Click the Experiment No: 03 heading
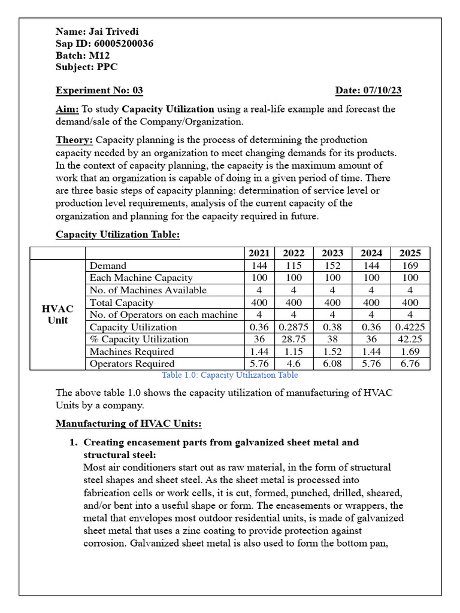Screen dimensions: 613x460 [x=99, y=90]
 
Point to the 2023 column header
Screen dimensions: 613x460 [x=332, y=253]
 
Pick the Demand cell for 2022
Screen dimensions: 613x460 [x=293, y=265]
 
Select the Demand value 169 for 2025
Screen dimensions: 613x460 [x=410, y=265]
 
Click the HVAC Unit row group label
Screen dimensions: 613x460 [x=57, y=314]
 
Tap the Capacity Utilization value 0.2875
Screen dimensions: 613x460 [x=293, y=327]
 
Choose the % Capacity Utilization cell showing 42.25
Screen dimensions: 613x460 [x=410, y=339]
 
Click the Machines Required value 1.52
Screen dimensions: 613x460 [x=332, y=351]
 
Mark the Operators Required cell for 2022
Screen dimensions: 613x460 [x=293, y=363]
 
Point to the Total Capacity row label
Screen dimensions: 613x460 [x=122, y=302]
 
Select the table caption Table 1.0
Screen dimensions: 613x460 [x=229, y=375]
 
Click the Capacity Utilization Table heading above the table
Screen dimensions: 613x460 [x=117, y=234]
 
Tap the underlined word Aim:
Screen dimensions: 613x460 [x=67, y=109]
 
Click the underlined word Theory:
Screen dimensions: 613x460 [x=74, y=139]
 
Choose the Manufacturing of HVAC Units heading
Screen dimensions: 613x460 [x=128, y=424]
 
